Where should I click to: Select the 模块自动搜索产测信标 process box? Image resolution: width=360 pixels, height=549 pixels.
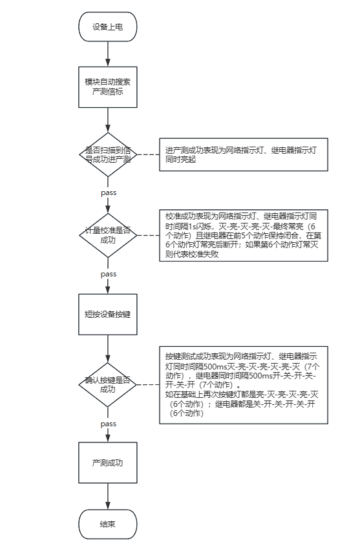click(107, 87)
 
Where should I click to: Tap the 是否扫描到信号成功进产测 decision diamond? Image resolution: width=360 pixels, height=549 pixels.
click(107, 154)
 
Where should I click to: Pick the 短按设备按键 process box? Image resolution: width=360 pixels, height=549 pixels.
click(107, 315)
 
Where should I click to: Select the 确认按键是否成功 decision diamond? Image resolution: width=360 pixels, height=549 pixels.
click(107, 384)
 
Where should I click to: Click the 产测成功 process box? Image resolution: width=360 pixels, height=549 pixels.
click(107, 463)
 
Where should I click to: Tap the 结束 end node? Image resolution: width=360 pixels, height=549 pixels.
click(107, 524)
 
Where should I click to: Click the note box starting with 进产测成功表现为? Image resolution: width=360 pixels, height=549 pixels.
click(243, 154)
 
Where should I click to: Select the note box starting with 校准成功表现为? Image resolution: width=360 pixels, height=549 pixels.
click(243, 235)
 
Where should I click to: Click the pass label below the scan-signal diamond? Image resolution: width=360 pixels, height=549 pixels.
click(108, 192)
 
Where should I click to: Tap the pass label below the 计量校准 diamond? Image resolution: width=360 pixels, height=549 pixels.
click(108, 274)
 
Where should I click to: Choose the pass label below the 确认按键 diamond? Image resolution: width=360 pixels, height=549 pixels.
click(108, 424)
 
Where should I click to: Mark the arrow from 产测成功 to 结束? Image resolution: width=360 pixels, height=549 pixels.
click(107, 496)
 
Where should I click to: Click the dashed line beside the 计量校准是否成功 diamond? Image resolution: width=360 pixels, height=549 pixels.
click(148, 235)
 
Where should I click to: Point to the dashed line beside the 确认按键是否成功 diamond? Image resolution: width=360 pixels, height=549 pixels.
click(148, 384)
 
